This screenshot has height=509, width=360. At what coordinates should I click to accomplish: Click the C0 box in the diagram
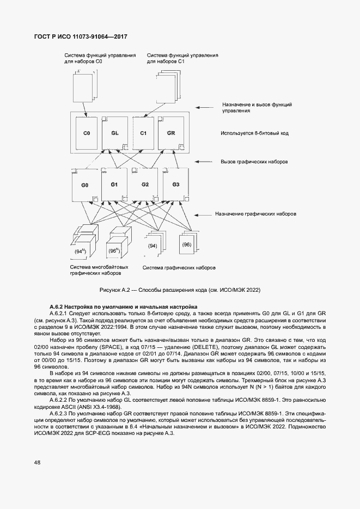[86, 133]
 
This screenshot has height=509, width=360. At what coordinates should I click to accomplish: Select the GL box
[115, 133]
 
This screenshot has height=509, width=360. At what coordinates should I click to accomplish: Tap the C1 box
[143, 133]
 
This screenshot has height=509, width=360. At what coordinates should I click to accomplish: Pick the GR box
[171, 133]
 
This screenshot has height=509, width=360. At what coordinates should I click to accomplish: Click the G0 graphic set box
[85, 186]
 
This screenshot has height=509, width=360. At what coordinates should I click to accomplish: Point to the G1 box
[114, 185]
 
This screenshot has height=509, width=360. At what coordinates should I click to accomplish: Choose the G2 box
[145, 185]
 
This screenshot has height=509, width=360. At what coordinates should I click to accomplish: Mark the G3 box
[175, 185]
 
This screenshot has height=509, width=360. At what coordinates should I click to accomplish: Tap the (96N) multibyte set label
[114, 251]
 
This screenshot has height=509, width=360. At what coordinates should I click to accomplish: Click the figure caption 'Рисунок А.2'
[116, 290]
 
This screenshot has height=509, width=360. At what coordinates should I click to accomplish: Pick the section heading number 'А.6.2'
[57, 308]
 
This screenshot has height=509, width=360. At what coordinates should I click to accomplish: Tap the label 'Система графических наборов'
[179, 268]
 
